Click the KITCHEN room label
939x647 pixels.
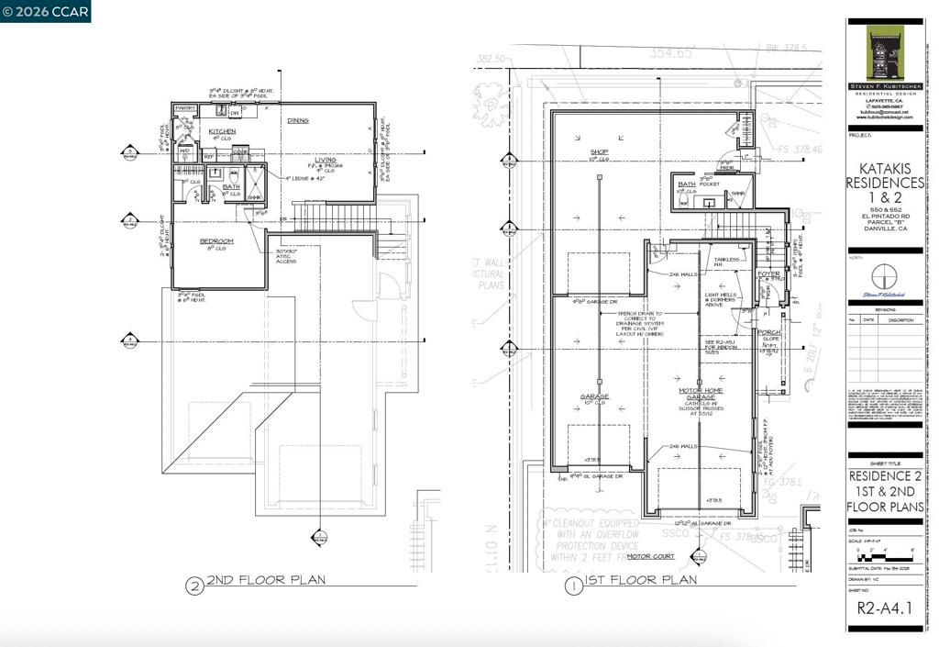[222, 131]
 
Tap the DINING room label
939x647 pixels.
[297, 120]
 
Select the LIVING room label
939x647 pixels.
[326, 160]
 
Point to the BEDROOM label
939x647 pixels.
[216, 240]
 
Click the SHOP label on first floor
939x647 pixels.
[599, 152]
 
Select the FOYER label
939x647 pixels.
[768, 273]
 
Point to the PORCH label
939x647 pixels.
[769, 332]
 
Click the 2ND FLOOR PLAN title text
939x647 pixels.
[265, 580]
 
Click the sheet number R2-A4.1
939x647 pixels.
[883, 607]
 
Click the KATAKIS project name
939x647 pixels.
[884, 169]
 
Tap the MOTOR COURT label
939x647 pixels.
[650, 556]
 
